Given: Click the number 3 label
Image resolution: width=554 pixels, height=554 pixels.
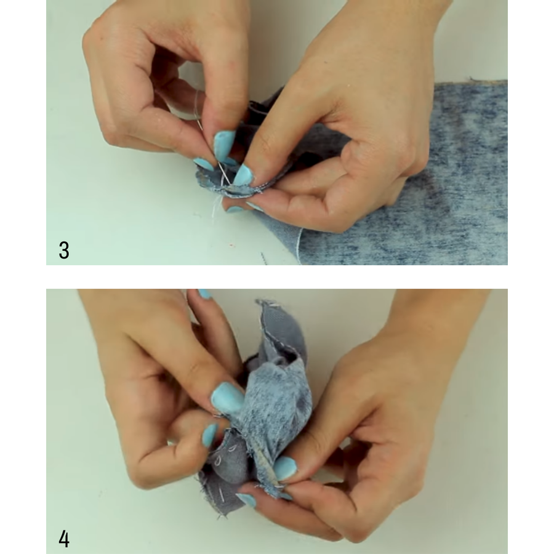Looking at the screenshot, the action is [64, 250].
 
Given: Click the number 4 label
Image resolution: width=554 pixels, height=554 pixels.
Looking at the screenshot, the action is [64, 539].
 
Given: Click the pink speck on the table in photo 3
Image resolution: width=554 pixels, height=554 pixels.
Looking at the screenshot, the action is [231, 245].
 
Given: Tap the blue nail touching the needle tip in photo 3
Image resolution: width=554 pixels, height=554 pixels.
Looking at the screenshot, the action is [243, 175].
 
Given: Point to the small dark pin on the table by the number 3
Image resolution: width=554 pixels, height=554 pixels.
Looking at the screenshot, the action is [263, 259].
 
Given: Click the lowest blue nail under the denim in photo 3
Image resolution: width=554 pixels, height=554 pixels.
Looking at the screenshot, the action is [234, 209].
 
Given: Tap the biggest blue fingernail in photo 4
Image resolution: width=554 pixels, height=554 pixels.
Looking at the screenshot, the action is [227, 398].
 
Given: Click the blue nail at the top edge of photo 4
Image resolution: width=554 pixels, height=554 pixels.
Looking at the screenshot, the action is [205, 294].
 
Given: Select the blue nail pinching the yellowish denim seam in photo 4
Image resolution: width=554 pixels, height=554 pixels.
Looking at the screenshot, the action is [285, 468].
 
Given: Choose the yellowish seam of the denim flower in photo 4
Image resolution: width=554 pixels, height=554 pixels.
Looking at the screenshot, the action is [266, 467].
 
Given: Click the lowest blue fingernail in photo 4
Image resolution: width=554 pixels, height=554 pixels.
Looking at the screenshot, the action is [246, 500].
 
